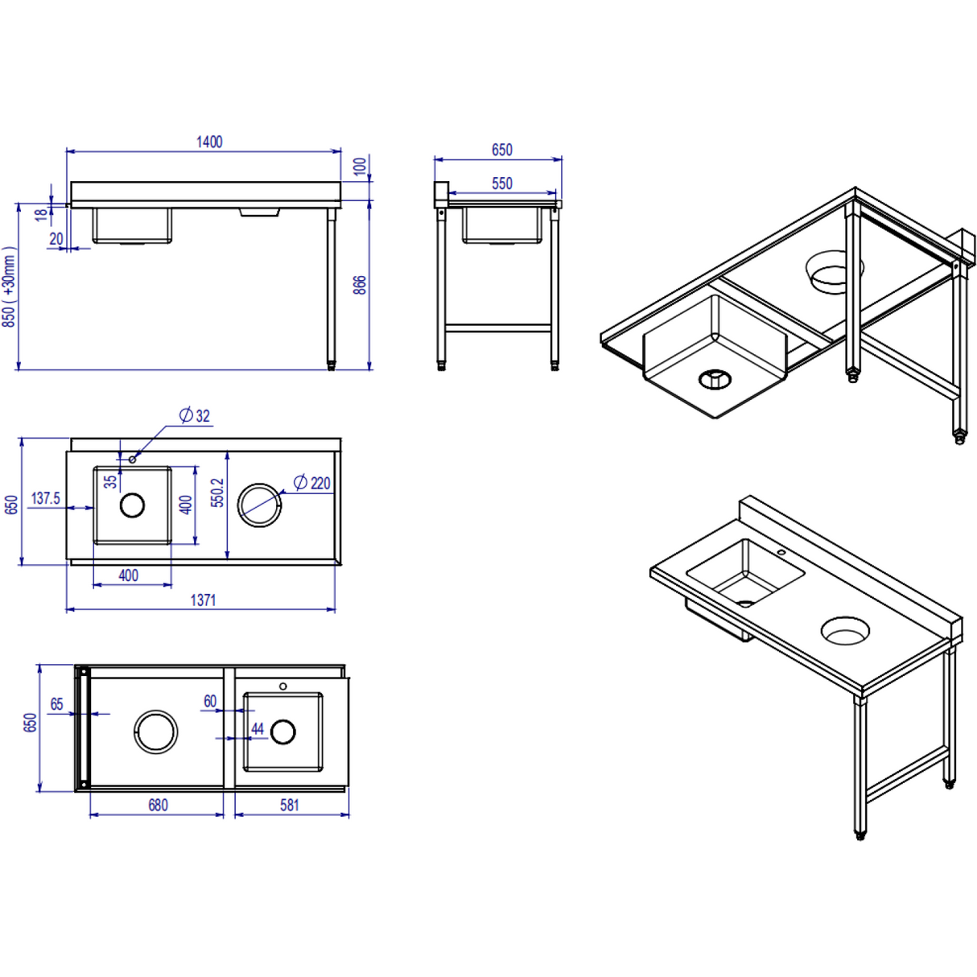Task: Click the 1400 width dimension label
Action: [209, 142]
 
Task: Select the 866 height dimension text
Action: [360, 284]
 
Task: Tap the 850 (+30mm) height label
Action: [10, 287]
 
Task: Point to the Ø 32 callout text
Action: [195, 415]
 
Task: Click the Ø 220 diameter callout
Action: [312, 483]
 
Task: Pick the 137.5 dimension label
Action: [45, 498]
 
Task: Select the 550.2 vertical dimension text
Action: [217, 493]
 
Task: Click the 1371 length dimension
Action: [203, 600]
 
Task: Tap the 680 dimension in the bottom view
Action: [158, 805]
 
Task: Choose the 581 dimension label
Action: [290, 805]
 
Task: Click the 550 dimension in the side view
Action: [501, 183]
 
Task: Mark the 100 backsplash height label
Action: [360, 167]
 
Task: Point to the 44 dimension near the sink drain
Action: [258, 728]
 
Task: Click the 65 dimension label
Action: [56, 704]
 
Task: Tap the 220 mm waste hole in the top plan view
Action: [260, 505]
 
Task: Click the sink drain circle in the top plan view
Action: [132, 505]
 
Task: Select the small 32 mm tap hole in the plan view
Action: [133, 460]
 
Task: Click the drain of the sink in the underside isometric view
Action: [715, 378]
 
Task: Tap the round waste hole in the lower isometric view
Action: [845, 630]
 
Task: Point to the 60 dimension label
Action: [210, 701]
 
